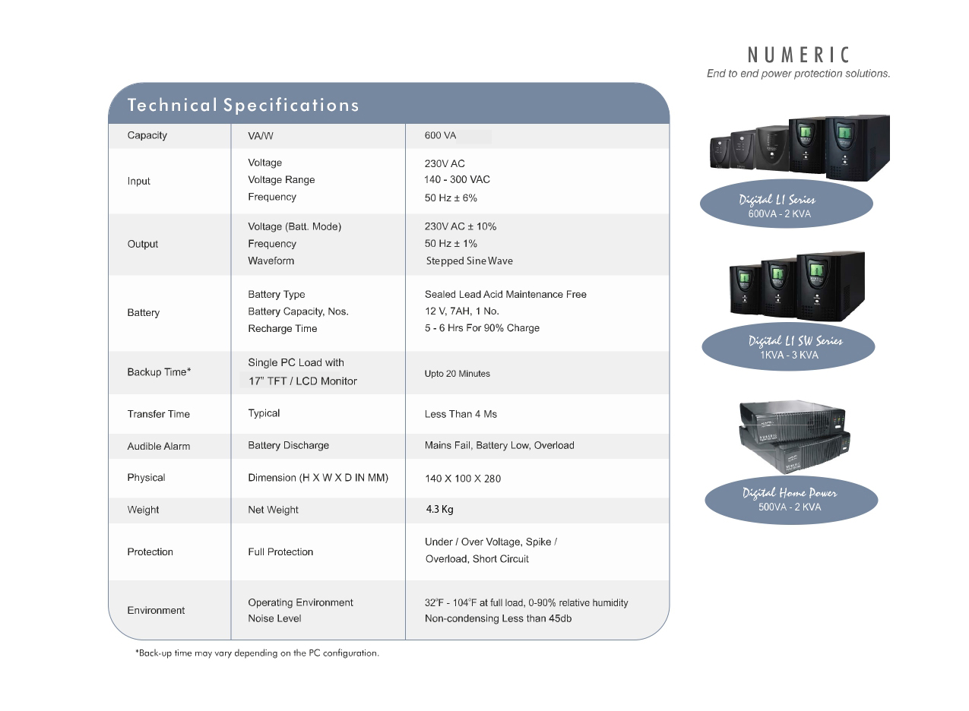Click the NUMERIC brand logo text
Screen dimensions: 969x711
point(799,55)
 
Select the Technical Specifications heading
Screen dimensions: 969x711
point(243,105)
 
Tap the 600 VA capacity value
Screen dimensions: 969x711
point(440,135)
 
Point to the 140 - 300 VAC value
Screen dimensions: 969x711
point(457,179)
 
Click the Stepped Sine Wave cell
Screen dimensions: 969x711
point(470,261)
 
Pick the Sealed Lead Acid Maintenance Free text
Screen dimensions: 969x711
point(505,294)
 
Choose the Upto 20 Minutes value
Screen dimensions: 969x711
point(457,374)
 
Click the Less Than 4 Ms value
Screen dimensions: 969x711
point(461,414)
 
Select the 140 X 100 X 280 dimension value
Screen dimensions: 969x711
point(462,479)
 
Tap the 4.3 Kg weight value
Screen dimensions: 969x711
point(439,509)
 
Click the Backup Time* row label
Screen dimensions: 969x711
point(159,372)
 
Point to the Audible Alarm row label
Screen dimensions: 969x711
point(158,447)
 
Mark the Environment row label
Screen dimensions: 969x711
point(156,610)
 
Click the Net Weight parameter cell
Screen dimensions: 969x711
point(273,510)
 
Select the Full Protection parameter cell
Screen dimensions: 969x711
point(280,551)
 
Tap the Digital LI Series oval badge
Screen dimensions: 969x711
point(786,204)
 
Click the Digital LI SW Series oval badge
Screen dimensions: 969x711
point(788,346)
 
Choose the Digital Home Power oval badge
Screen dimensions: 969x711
point(790,500)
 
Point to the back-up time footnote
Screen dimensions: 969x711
point(257,653)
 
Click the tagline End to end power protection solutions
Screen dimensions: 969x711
point(799,74)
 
